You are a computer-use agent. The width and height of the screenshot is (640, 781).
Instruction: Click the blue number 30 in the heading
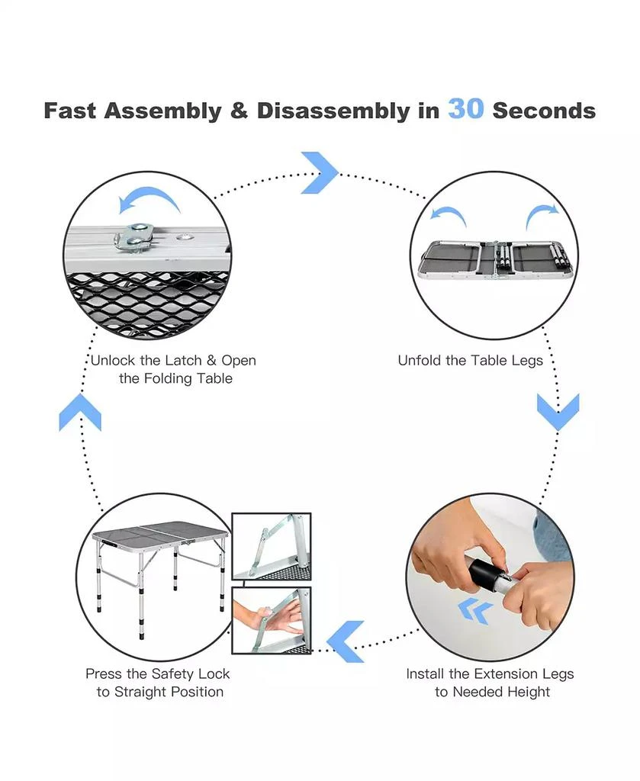click(465, 109)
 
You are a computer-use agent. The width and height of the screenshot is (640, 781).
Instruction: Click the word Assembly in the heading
click(163, 111)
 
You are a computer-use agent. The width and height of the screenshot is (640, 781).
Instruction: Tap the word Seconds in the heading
click(544, 111)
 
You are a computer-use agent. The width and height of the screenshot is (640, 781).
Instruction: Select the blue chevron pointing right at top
click(320, 173)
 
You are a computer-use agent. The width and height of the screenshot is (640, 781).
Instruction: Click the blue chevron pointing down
click(558, 412)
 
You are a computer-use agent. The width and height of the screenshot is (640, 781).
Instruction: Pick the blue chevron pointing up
click(79, 412)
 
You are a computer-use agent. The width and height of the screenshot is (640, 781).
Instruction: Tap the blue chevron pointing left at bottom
click(345, 641)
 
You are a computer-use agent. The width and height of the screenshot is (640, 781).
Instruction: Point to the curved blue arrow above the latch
click(149, 200)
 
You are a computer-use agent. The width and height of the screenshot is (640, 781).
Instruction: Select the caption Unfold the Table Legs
click(470, 361)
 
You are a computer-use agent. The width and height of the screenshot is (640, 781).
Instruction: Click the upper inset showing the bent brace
click(272, 546)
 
